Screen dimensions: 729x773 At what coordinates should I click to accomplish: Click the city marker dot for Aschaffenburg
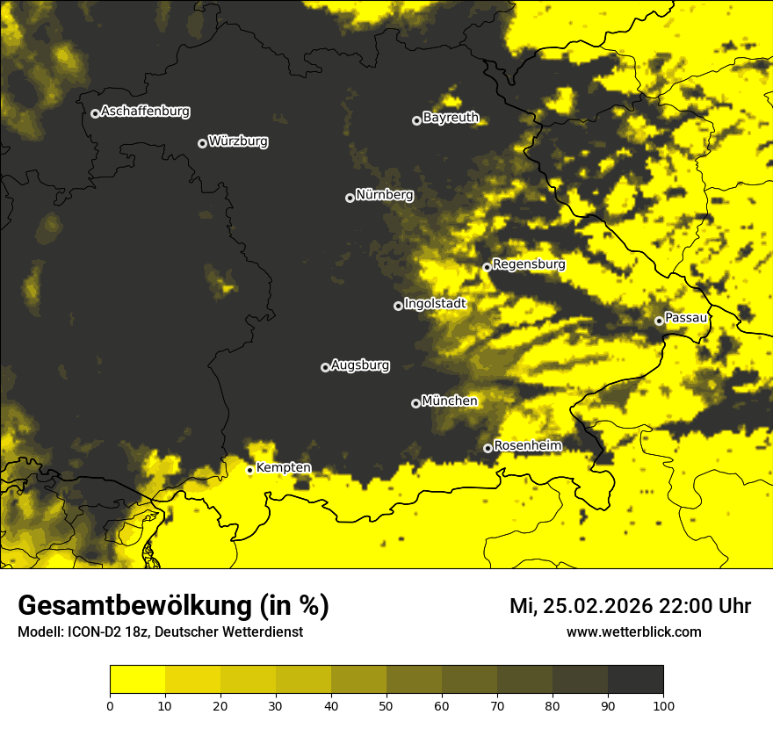point(95,113)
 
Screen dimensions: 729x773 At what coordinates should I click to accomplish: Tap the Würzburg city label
point(238,141)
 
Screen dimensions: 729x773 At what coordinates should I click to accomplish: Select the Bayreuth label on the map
point(451,118)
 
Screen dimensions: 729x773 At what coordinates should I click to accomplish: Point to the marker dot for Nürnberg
point(350,198)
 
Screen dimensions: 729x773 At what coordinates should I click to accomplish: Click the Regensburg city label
point(529,264)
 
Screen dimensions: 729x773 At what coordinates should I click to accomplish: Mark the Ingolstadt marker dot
point(398,306)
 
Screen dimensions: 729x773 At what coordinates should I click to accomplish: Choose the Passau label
point(686,318)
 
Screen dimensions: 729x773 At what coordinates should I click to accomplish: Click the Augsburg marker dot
point(325,367)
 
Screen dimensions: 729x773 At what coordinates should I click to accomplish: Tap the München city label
point(449,401)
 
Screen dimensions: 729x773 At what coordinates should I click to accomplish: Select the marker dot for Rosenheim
point(488,448)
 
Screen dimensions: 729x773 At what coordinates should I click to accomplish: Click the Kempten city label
point(283,468)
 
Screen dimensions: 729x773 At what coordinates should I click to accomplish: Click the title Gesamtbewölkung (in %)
point(173,606)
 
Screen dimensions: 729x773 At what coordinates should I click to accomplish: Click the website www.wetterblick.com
point(633,632)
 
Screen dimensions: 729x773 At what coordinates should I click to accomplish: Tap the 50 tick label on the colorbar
point(386,704)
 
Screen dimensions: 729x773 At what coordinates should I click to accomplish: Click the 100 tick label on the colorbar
point(662,704)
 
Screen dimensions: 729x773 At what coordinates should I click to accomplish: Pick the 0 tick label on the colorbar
point(110,704)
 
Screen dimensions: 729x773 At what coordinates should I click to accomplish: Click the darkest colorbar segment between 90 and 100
point(635,680)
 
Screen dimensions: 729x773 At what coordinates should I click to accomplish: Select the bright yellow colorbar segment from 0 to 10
point(138,680)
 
